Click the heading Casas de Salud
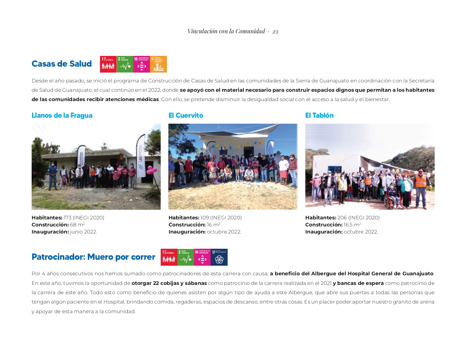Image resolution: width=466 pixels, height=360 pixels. [x=62, y=64]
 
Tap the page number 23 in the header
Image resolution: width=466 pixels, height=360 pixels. [x=275, y=31]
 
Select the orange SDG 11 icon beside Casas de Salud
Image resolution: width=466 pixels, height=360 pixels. [x=158, y=64]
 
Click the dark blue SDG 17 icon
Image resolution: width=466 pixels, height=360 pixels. [x=219, y=257]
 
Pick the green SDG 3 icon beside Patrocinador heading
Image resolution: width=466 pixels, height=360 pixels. [x=186, y=257]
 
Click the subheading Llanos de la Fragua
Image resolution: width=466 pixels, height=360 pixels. [x=62, y=115]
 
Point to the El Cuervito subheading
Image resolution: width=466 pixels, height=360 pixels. [x=186, y=115]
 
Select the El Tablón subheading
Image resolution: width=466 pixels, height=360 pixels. [x=319, y=115]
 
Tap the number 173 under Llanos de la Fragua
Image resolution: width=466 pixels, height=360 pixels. [x=67, y=218]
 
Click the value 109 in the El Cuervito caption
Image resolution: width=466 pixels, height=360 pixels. [x=204, y=218]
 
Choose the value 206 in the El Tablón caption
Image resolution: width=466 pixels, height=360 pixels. [x=342, y=218]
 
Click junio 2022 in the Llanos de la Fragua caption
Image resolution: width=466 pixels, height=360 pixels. [x=83, y=232]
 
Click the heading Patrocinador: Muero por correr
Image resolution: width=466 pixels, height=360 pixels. [x=93, y=257]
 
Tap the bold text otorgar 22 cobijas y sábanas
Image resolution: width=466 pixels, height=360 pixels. [x=169, y=283]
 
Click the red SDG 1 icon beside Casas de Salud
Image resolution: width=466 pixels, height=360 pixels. [x=108, y=64]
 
